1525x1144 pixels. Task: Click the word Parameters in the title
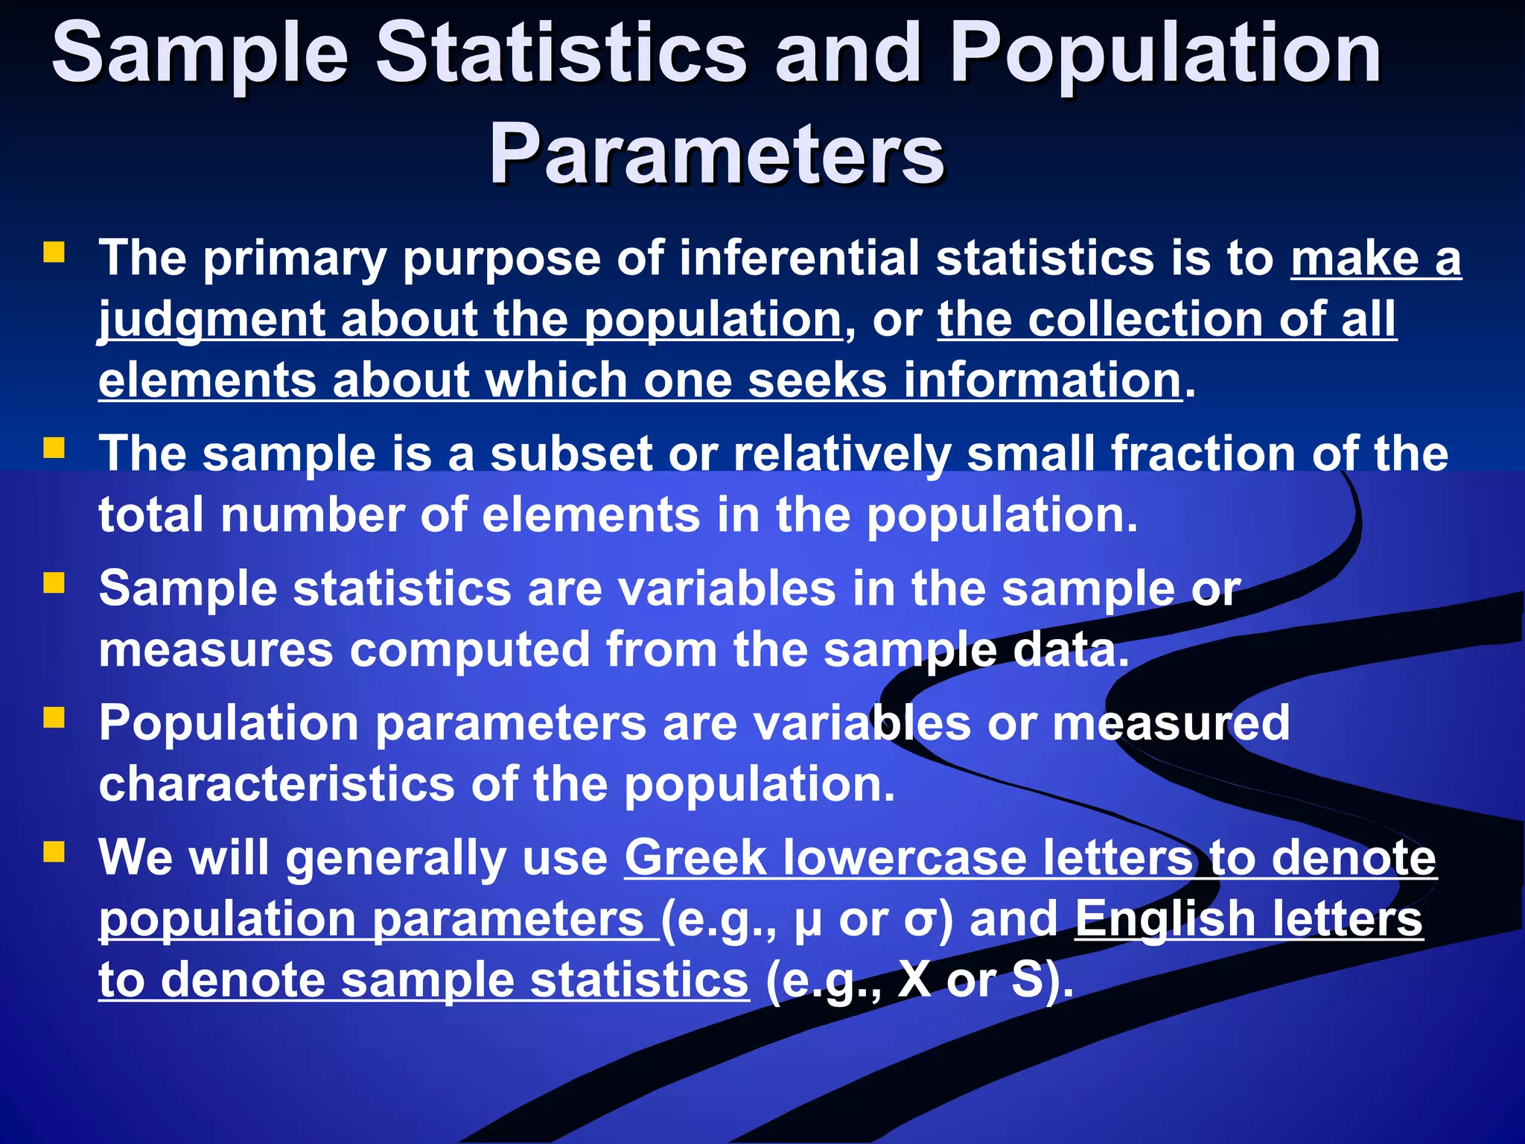click(716, 155)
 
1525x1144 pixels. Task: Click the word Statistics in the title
click(561, 54)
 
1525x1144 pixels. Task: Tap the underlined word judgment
click(211, 320)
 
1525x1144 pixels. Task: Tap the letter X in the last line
click(914, 979)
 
